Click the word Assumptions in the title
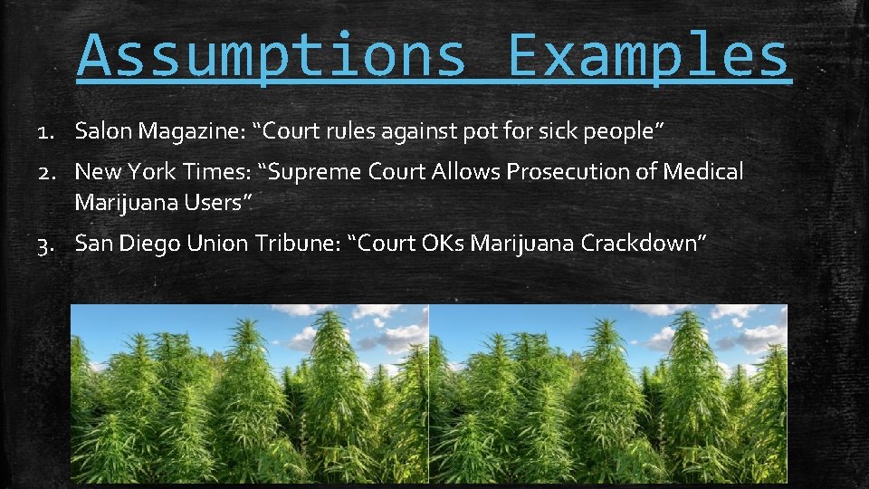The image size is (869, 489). (x=271, y=56)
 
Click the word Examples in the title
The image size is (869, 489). (x=648, y=56)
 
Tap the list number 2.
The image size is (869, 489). (x=45, y=172)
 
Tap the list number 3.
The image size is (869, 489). (x=45, y=244)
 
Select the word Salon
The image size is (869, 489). (x=103, y=131)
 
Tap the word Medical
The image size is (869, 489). (x=703, y=171)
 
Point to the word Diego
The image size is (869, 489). (x=149, y=244)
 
